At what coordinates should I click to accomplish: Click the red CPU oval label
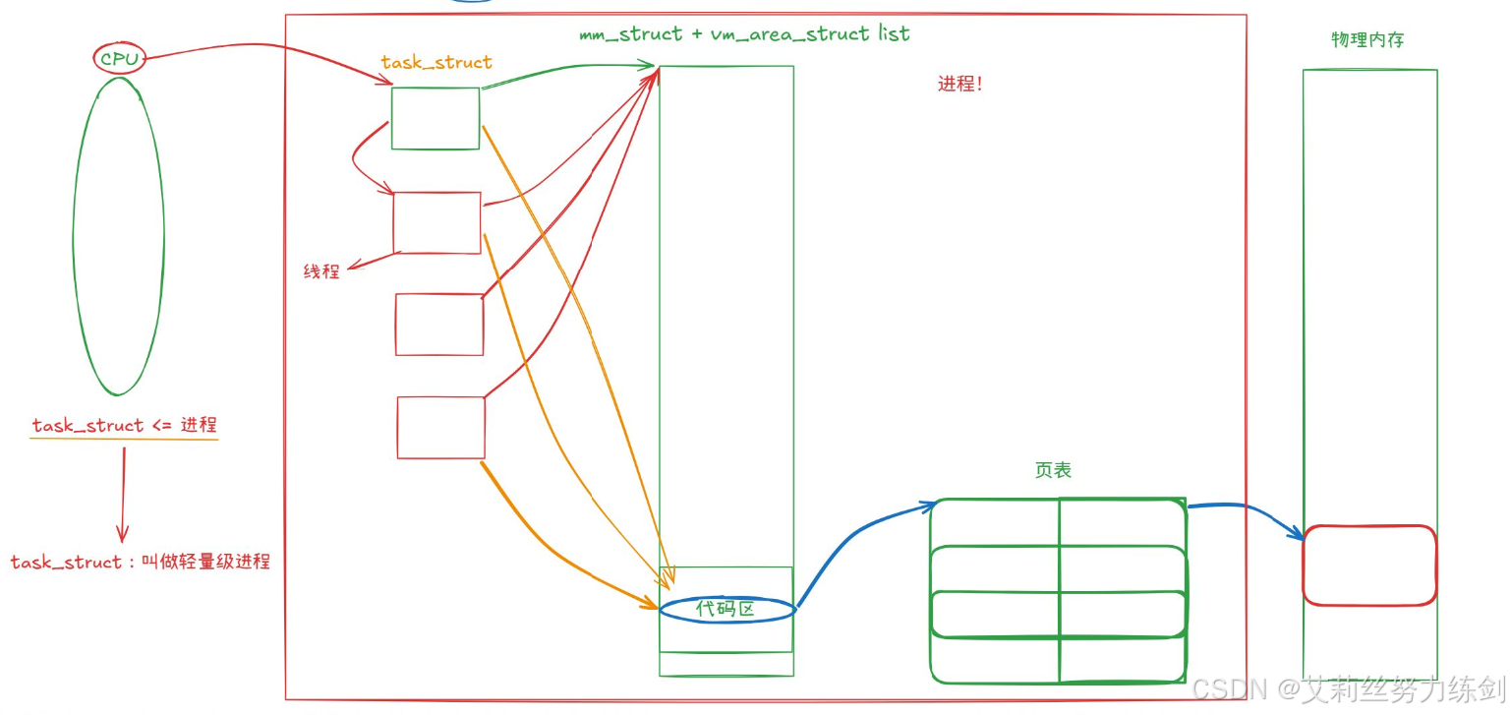pos(120,60)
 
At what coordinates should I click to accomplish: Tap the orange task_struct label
pos(436,62)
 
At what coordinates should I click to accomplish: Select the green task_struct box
pos(436,119)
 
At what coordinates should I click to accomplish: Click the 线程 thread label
pos(321,271)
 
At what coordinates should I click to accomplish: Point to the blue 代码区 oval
pos(726,610)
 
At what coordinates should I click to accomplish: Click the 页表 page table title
pos(1053,471)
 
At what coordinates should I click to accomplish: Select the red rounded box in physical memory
pos(1369,566)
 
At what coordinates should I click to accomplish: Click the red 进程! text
pos(959,85)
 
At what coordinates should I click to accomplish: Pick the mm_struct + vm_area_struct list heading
pos(744,34)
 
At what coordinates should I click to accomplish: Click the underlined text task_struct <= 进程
pos(124,426)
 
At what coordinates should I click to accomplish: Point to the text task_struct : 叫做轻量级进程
pos(140,563)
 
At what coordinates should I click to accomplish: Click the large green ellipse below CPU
pos(118,236)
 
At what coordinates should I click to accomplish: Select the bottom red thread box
pos(441,428)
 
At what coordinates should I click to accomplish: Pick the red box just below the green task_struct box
pos(437,223)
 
